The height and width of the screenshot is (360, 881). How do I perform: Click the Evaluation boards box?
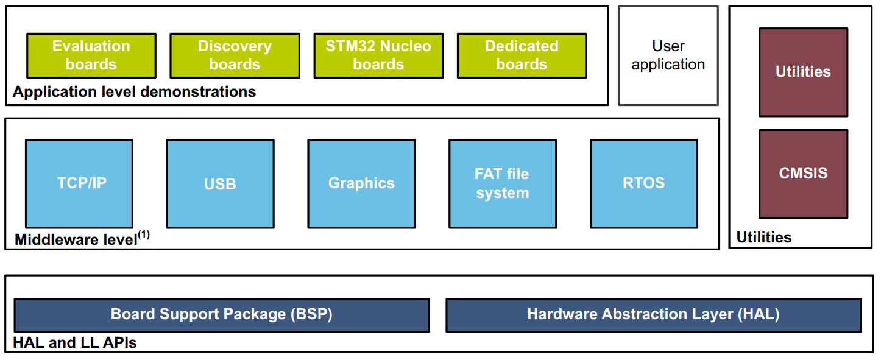[91, 55]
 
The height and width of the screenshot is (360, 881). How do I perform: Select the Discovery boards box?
[235, 55]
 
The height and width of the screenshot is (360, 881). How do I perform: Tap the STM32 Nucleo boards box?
[378, 55]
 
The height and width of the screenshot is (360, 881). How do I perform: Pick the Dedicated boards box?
[522, 55]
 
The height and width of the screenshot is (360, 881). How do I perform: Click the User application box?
[668, 55]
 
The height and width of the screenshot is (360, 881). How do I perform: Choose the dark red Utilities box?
[803, 72]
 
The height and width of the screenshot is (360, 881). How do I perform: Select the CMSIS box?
[803, 174]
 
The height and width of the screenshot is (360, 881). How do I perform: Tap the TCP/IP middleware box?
[79, 183]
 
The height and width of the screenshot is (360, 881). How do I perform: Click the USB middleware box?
[220, 183]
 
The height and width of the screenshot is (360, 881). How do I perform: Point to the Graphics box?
[361, 183]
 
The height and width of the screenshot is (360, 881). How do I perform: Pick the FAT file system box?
[502, 183]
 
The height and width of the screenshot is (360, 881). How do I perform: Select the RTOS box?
[643, 183]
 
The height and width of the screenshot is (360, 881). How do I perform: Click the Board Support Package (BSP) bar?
[222, 315]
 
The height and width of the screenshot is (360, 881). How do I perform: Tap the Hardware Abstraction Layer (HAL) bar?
[653, 315]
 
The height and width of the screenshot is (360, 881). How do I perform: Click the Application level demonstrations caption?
[135, 93]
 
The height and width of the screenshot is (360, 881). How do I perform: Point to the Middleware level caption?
[76, 240]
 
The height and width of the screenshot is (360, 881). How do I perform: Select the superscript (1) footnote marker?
[144, 235]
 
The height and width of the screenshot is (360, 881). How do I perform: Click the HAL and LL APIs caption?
[75, 343]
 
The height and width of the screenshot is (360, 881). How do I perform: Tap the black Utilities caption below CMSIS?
[764, 238]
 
